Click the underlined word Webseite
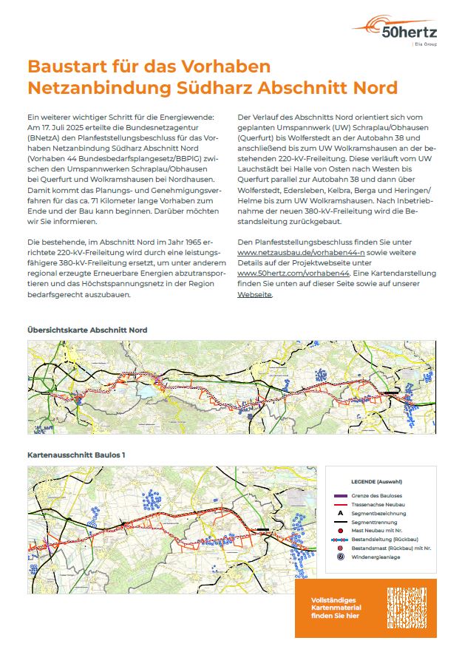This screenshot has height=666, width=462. click(x=254, y=294)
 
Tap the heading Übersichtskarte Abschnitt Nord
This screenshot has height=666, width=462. click(x=87, y=329)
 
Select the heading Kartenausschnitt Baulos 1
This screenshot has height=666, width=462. click(x=76, y=455)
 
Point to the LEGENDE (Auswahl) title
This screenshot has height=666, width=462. click(x=381, y=480)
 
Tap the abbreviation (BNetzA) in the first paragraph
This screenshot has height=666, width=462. click(x=44, y=137)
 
